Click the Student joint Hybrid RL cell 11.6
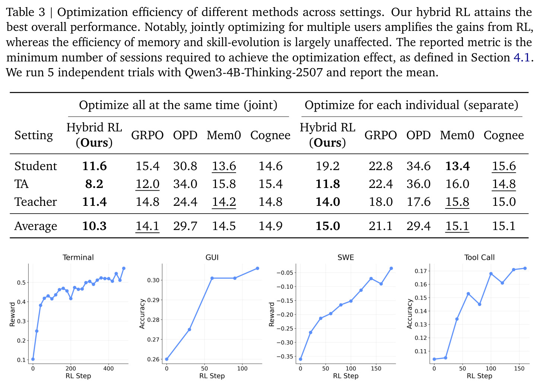click(94, 166)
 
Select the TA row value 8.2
click(94, 184)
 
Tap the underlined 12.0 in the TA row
click(147, 184)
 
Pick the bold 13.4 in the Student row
click(457, 166)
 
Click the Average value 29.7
click(185, 226)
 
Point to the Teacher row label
click(36, 202)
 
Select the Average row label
click(36, 226)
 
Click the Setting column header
click(34, 135)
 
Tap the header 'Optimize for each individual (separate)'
click(412, 105)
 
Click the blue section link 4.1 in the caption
click(522, 57)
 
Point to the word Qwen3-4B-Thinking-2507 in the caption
click(254, 72)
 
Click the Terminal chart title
click(78, 257)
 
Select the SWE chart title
click(346, 257)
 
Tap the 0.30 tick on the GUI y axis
click(153, 280)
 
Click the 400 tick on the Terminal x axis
click(108, 369)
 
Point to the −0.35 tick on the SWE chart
click(285, 356)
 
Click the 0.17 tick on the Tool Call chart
click(421, 271)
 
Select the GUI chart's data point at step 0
click(166, 359)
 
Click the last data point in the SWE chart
click(391, 268)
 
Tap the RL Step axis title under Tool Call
click(480, 376)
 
